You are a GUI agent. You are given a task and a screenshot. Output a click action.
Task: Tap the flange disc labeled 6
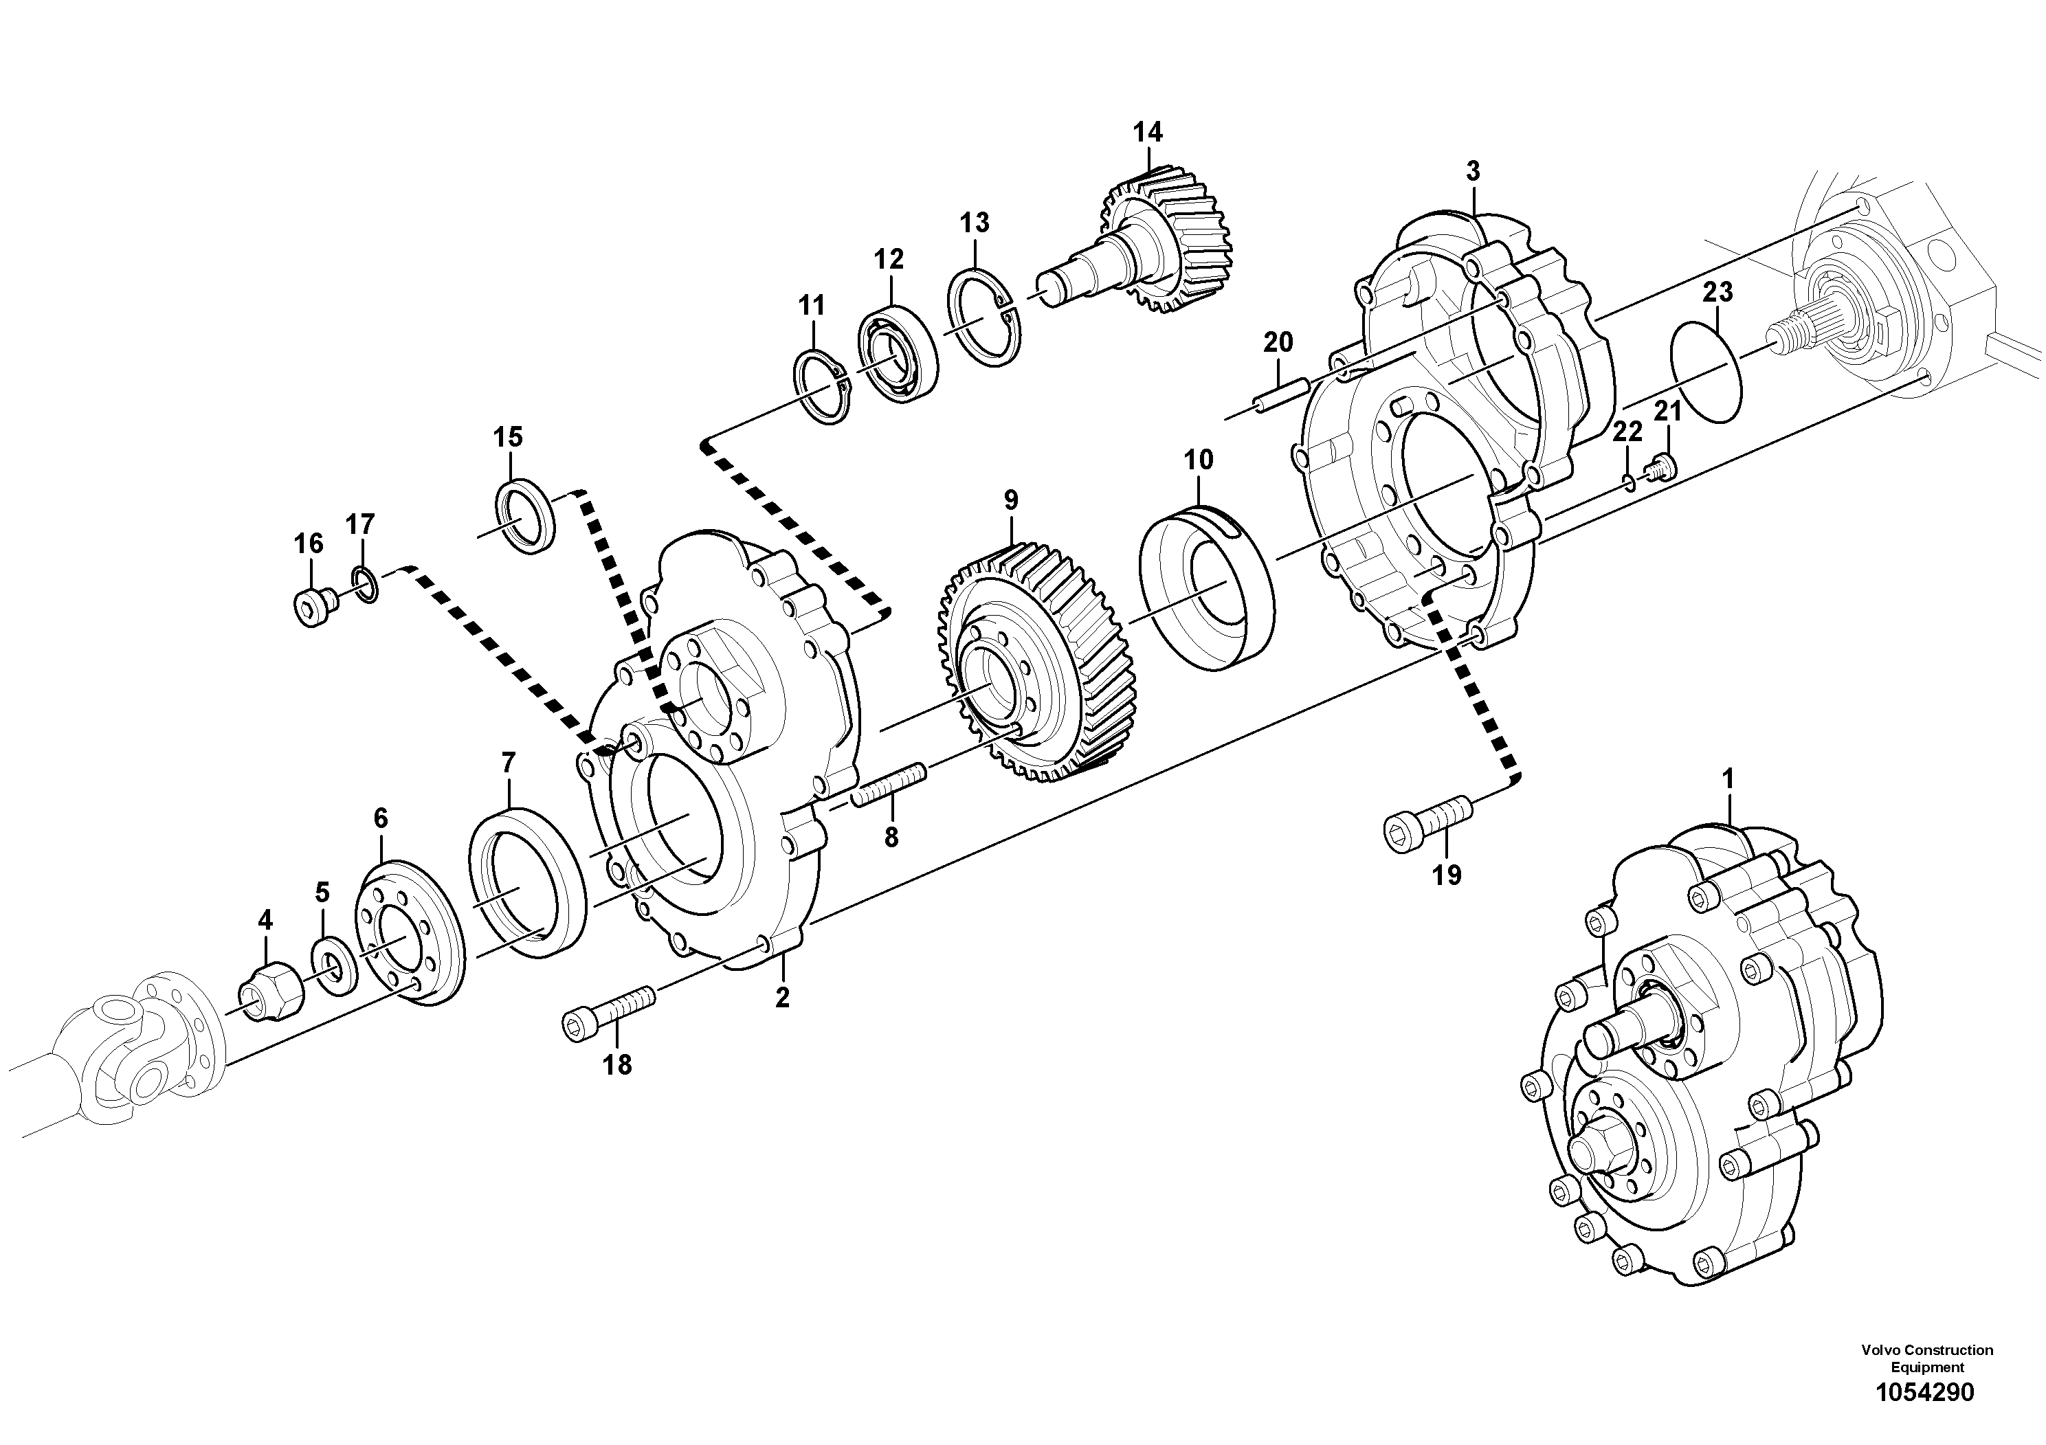[x=411, y=931]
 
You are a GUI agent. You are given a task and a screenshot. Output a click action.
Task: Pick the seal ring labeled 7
[x=526, y=881]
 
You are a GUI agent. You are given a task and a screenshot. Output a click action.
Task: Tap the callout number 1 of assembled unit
[x=1728, y=779]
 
